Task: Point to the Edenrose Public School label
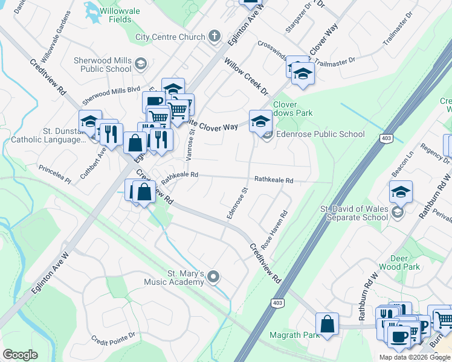tap(320, 134)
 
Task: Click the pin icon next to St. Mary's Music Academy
tap(213, 277)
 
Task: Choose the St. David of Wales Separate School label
tap(354, 213)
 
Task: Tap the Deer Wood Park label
tap(399, 262)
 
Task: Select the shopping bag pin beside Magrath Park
tap(327, 323)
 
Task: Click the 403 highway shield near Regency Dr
tap(386, 139)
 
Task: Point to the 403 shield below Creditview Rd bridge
tap(277, 302)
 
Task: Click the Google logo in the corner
tap(20, 355)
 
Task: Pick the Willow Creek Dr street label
tap(245, 76)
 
